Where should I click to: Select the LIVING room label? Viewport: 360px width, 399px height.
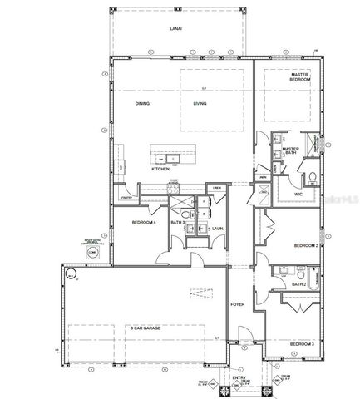[x=200, y=104]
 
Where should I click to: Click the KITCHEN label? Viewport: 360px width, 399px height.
[x=160, y=170]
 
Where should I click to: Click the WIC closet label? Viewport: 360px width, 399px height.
[x=298, y=194]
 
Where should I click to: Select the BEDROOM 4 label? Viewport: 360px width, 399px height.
[x=144, y=223]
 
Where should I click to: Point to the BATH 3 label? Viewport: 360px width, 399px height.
[x=177, y=223]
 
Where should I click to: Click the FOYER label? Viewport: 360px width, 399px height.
[x=237, y=292]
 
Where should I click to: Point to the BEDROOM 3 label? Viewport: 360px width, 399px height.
[x=302, y=343]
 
